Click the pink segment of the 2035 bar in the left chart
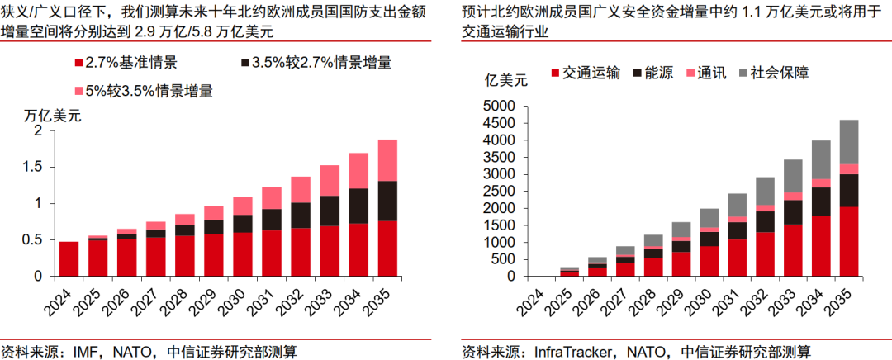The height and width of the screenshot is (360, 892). pos(382,160)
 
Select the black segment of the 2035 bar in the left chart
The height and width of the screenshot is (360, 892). pos(382,201)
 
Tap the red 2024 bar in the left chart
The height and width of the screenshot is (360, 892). pos(69,258)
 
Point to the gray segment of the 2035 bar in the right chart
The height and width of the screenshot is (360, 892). pos(849,141)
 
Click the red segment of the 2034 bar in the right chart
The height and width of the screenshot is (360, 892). pos(821,245)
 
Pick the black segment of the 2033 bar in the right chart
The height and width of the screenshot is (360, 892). pos(793,211)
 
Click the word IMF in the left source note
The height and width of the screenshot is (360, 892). pos(78,351)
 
